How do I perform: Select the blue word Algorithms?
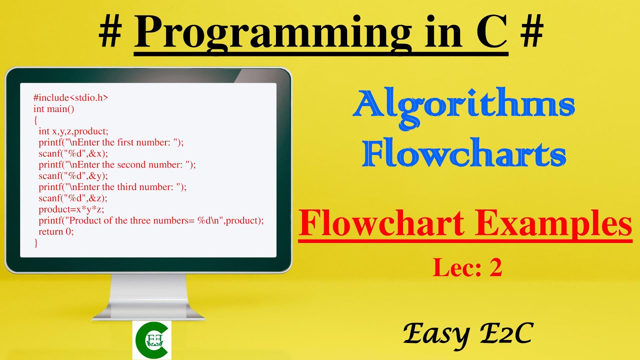click(x=463, y=105)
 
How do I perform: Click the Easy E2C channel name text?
click(x=467, y=333)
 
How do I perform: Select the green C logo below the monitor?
click(x=151, y=340)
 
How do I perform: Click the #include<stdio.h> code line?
click(x=70, y=97)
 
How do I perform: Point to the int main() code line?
click(x=53, y=108)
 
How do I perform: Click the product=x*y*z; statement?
click(x=71, y=209)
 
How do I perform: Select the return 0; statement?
click(x=56, y=231)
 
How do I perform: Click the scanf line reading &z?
click(x=73, y=198)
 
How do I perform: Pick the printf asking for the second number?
click(x=117, y=164)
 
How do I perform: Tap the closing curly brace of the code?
click(x=35, y=243)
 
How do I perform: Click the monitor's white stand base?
click(x=148, y=312)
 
